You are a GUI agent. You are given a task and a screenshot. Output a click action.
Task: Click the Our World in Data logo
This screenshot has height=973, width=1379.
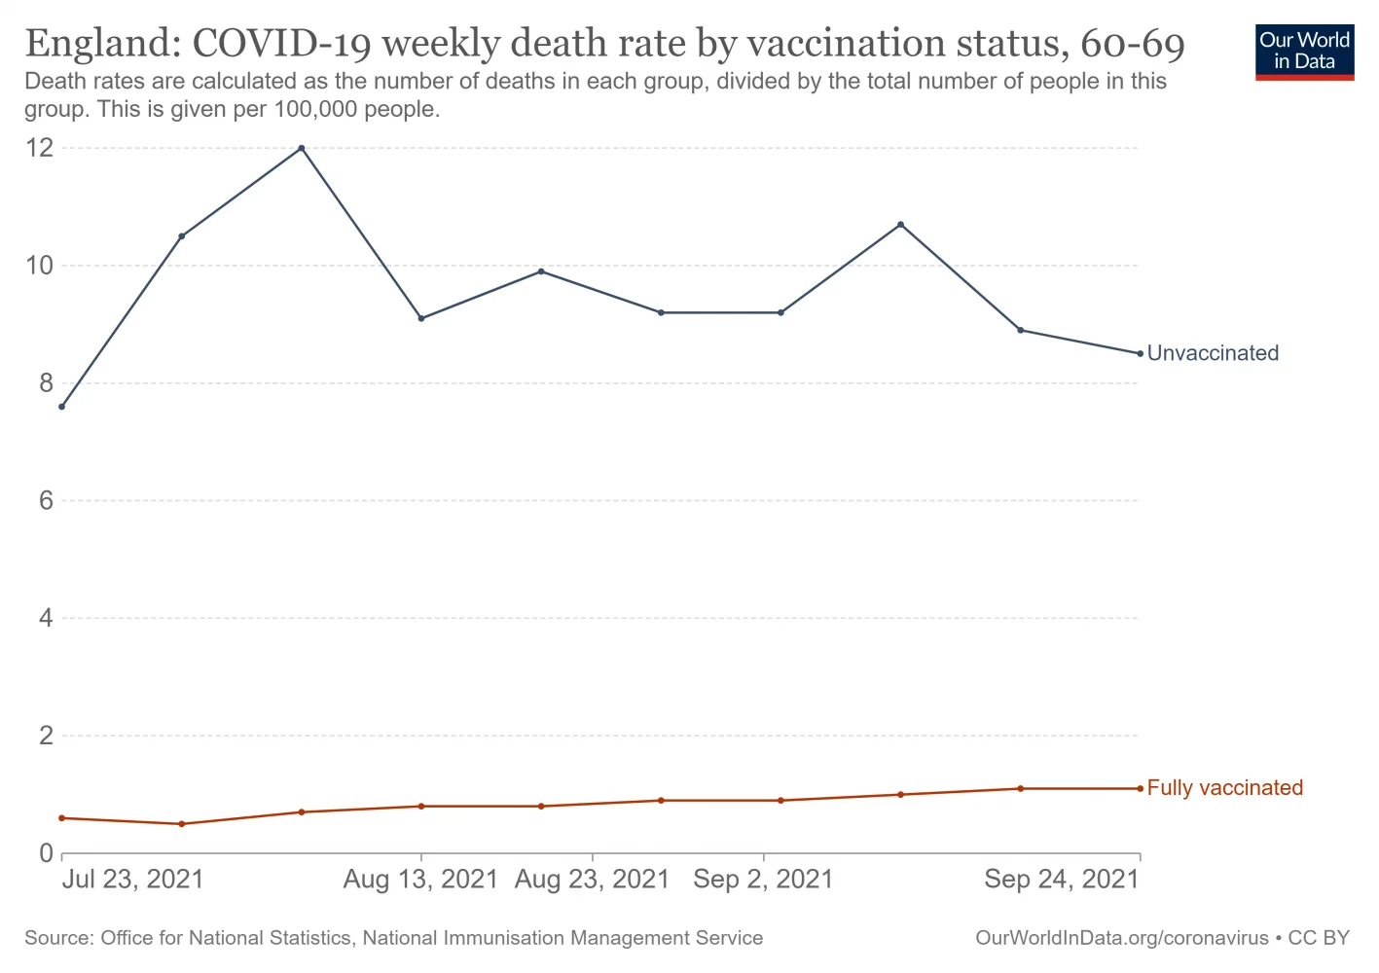click(x=1304, y=52)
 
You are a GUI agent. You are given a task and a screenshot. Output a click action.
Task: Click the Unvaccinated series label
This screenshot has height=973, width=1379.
click(x=1213, y=353)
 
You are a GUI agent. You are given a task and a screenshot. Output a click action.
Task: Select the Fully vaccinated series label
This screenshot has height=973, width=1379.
click(x=1224, y=788)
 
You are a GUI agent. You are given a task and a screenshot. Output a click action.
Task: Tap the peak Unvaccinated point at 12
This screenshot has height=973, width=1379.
click(x=302, y=148)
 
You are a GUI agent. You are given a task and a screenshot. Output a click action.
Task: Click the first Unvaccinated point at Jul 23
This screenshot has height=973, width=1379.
click(x=62, y=407)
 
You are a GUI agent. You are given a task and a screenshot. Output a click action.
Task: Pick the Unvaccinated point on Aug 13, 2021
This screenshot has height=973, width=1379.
click(x=421, y=318)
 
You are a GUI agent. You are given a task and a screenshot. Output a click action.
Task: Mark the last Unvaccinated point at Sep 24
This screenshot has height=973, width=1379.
click(x=1140, y=353)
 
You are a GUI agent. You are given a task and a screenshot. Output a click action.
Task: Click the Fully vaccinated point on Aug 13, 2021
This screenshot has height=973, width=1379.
click(x=421, y=806)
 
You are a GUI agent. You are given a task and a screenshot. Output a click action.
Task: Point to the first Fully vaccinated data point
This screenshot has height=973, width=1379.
click(x=62, y=818)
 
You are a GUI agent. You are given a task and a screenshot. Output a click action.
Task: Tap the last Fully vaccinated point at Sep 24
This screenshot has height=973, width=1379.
click(x=1140, y=788)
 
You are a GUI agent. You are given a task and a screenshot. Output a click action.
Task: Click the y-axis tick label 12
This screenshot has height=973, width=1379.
click(x=40, y=148)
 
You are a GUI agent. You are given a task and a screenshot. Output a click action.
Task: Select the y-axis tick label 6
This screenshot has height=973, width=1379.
click(x=46, y=501)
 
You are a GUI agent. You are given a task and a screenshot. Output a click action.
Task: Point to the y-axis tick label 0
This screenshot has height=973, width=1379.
click(x=46, y=853)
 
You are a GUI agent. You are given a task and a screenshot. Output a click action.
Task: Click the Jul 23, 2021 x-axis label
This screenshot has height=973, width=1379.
click(x=133, y=880)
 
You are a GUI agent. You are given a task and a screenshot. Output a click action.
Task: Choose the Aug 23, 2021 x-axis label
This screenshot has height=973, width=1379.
click(x=592, y=880)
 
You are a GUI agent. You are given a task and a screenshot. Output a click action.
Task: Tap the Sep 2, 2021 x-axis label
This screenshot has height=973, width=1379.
click(x=763, y=880)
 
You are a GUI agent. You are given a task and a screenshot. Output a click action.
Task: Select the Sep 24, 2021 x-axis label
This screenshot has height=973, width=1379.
click(x=1061, y=880)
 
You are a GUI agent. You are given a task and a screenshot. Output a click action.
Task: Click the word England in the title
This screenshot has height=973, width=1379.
click(x=98, y=44)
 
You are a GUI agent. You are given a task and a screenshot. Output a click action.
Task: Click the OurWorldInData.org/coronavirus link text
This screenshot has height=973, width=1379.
click(x=1121, y=938)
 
